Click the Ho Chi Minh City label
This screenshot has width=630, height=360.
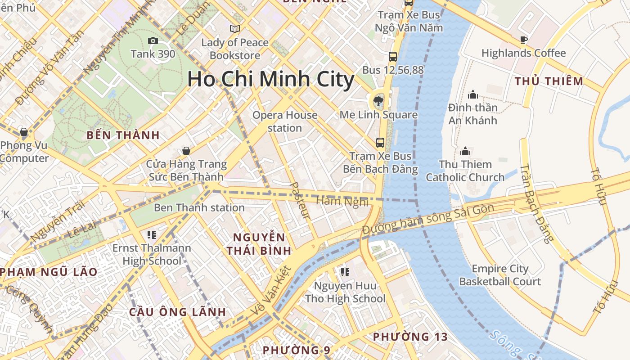270,79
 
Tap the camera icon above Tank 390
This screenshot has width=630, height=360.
153,41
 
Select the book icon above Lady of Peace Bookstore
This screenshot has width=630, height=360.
235,29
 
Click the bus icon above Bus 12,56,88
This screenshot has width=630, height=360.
393,57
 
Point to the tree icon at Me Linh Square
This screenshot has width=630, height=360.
378,100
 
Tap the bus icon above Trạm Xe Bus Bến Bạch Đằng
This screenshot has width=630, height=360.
380,143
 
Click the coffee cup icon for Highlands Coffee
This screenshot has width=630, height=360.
523,40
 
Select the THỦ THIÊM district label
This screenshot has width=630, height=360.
549,81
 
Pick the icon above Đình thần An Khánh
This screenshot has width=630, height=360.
472,94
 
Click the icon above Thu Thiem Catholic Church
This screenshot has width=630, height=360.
465,151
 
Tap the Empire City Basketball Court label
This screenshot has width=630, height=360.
500,275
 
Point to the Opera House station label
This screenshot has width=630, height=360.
285,121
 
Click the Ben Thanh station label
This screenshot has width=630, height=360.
199,207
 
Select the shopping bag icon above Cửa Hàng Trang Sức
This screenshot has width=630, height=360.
186,151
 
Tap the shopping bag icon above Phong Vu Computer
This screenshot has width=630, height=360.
24,132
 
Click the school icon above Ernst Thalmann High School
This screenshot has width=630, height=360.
151,234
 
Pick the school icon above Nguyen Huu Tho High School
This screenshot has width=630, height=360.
345,272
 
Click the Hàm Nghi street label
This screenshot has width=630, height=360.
342,201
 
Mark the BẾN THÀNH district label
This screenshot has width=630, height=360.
123,135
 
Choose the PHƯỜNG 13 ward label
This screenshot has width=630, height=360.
410,337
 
